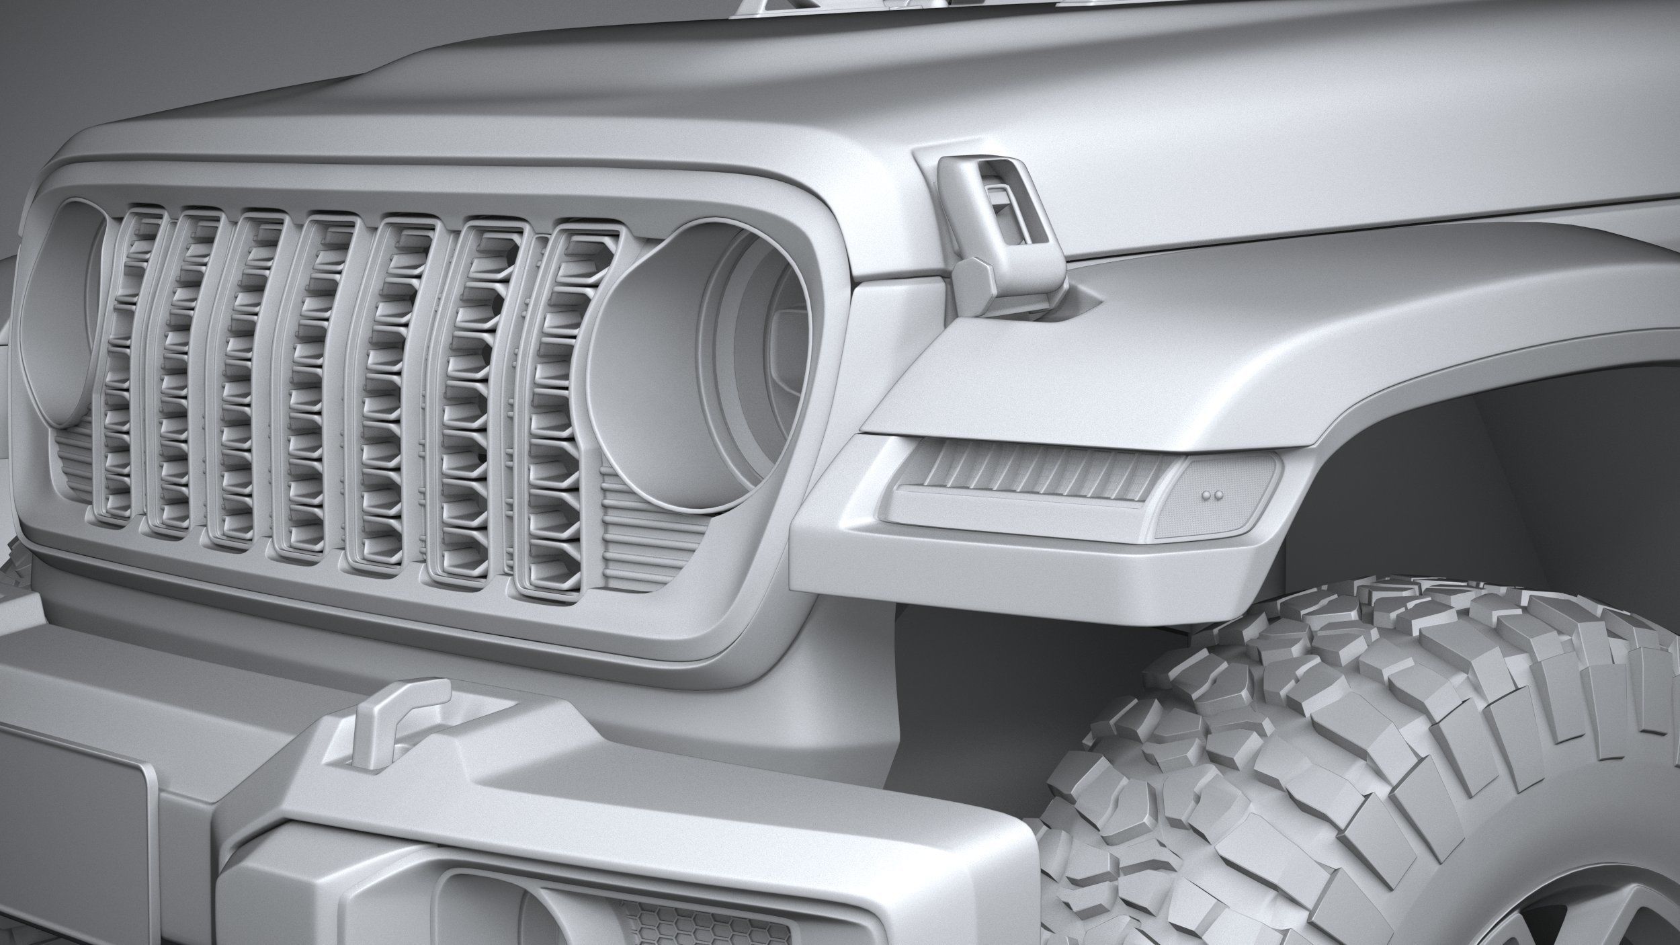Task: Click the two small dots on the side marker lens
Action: pyautogui.click(x=1209, y=495)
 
